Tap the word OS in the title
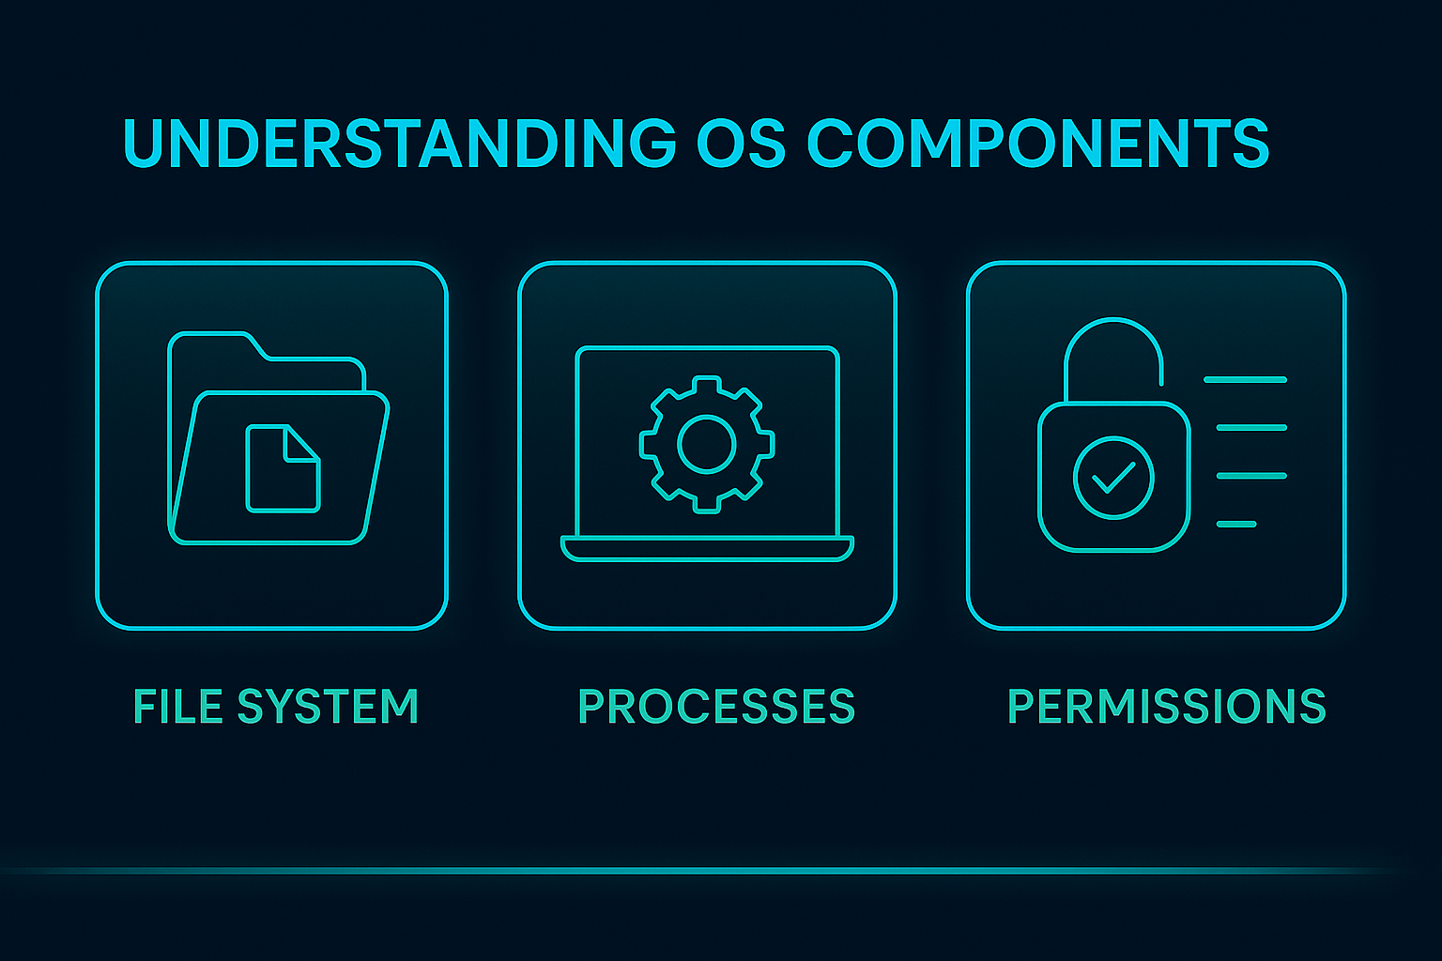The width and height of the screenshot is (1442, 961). coord(742,143)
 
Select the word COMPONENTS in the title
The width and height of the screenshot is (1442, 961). coord(1038,143)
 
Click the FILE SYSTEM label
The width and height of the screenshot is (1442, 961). coord(276,706)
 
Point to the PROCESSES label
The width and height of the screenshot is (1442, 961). coord(716,706)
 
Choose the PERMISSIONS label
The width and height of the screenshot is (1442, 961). coord(1167,706)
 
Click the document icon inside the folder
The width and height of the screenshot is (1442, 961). coord(284,468)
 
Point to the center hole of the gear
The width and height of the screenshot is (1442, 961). coord(706,444)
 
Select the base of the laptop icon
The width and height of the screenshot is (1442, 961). coord(707,548)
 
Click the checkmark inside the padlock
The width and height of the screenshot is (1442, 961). coord(1113,478)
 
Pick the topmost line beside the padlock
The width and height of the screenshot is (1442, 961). coord(1245,380)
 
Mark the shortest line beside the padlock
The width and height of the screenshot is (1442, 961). coord(1236,524)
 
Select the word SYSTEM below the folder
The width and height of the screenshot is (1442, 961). coord(329,706)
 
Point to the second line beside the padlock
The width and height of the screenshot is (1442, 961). coord(1251,427)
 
